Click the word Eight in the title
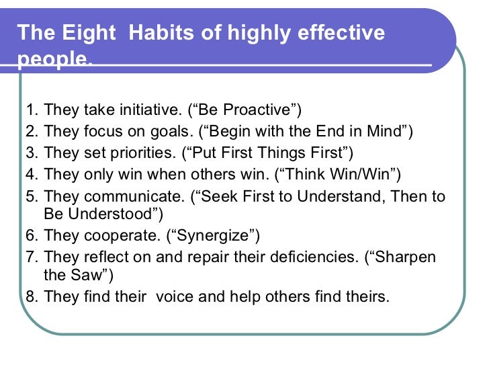tap(77, 34)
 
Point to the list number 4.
tap(30, 175)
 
